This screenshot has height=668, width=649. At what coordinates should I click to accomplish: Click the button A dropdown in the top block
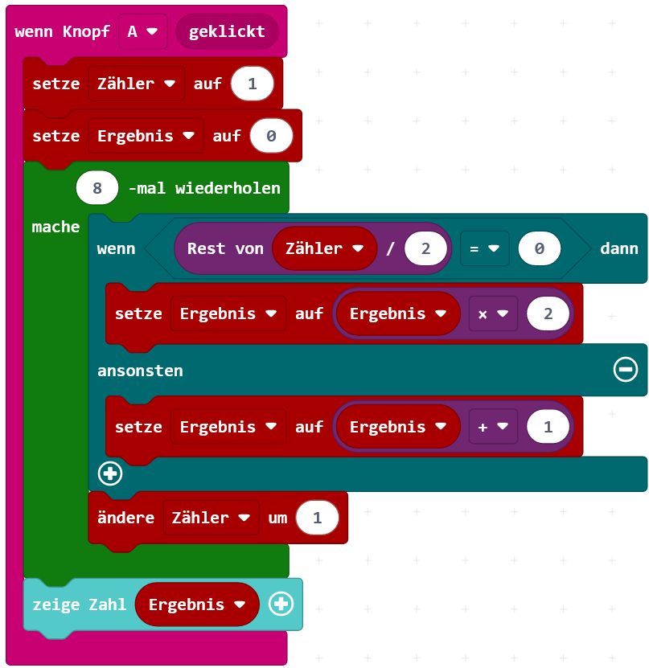point(142,32)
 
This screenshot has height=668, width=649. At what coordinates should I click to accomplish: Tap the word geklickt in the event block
point(227,32)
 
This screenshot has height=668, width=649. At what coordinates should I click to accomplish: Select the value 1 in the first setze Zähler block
point(252,84)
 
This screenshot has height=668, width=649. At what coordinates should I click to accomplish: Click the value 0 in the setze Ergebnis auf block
point(271,136)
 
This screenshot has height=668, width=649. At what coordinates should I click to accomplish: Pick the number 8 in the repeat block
point(97,189)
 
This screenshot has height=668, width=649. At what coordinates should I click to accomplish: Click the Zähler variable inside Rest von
point(325,248)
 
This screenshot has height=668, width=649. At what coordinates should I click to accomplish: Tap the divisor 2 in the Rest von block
point(426,248)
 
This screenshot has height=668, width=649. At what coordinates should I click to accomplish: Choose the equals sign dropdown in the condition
point(484,248)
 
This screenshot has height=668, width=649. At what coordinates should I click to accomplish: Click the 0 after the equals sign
point(539,248)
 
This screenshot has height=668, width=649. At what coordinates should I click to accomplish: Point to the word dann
point(618,248)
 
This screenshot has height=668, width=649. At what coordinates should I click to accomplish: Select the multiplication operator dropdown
point(492,314)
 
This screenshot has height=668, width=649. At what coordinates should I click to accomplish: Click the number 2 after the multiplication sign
point(548,314)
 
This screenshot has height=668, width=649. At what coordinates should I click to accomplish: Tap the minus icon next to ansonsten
point(625,370)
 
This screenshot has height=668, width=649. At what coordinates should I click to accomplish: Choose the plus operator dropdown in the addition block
point(492,427)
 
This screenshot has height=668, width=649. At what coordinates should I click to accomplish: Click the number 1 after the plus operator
point(548,427)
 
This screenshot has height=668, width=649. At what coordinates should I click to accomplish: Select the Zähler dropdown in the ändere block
point(211,518)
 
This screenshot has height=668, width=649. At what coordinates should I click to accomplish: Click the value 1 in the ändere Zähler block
point(317,518)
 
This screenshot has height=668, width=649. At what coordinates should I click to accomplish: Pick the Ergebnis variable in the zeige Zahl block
point(197,604)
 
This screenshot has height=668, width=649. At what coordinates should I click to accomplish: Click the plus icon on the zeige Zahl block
point(281,604)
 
